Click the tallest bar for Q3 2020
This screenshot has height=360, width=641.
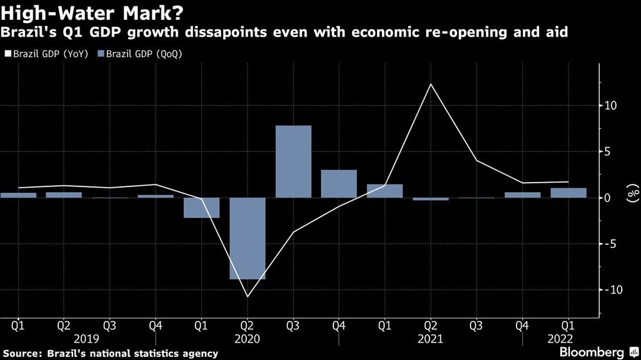(293, 161)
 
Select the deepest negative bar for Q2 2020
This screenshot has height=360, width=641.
(247, 238)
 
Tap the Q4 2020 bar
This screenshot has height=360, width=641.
(339, 183)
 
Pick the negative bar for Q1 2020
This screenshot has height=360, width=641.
(201, 208)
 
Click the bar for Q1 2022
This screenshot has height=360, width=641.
(569, 192)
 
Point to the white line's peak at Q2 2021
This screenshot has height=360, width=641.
(431, 84)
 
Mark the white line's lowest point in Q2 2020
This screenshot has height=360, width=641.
(247, 297)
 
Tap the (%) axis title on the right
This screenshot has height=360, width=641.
(632, 193)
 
